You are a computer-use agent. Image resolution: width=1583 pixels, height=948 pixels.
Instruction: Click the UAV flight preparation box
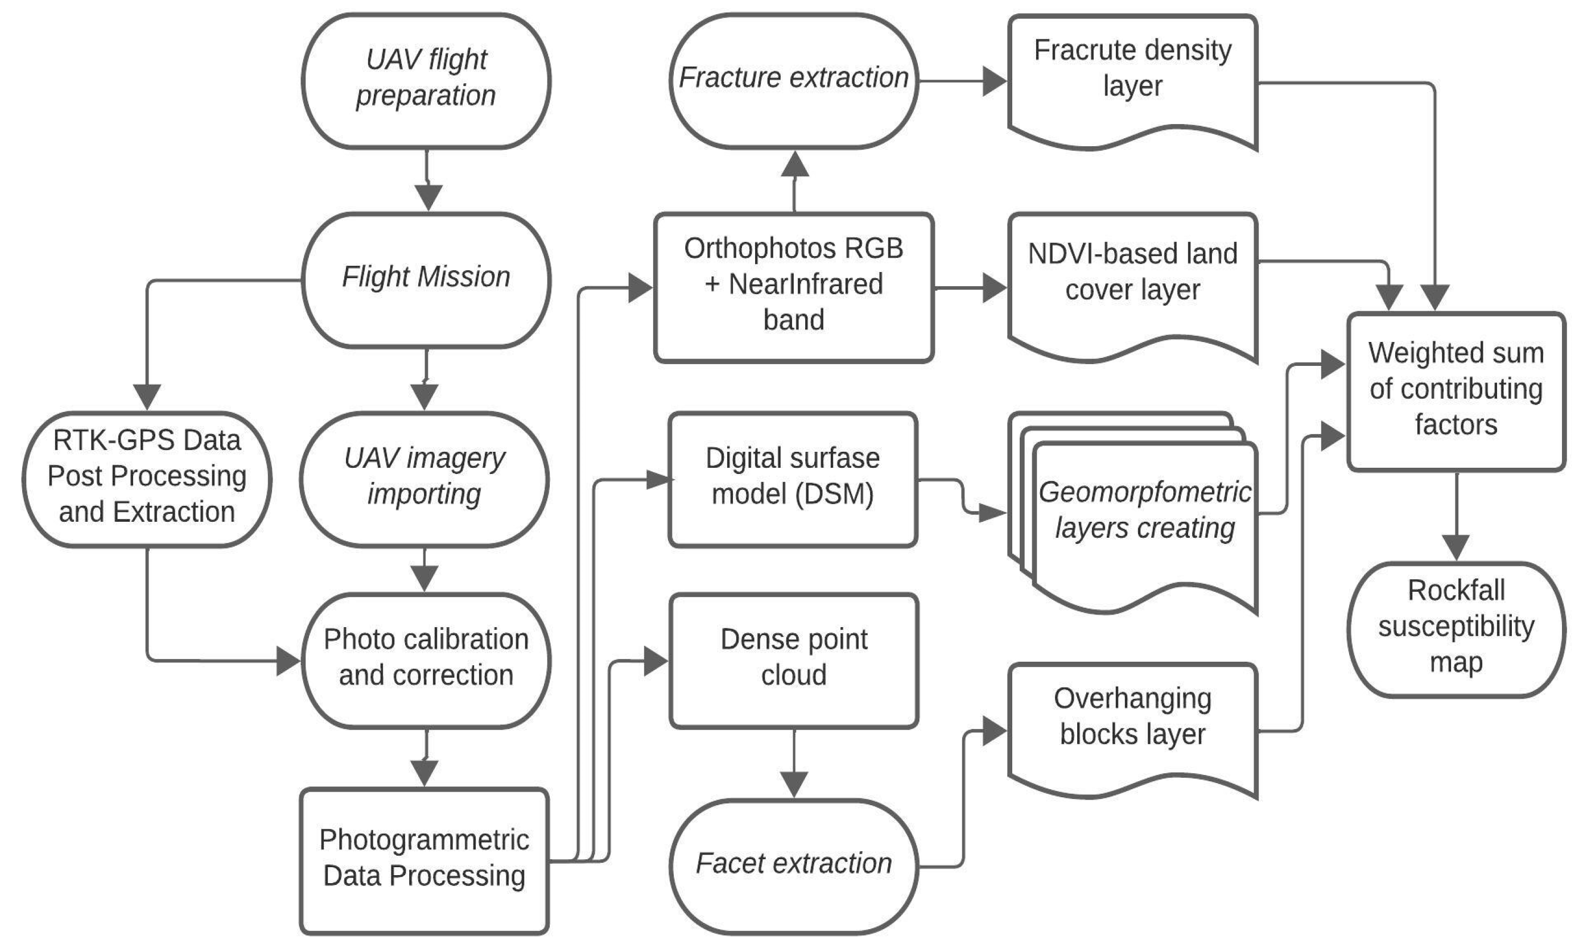[x=426, y=81]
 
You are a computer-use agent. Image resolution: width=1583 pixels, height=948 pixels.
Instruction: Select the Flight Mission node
[x=426, y=280]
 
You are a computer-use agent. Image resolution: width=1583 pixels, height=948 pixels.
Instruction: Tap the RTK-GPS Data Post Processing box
[x=147, y=479]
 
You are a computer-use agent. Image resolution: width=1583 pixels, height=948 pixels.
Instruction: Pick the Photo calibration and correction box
[x=426, y=661]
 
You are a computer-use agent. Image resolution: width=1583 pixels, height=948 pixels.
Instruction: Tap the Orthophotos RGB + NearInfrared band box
[x=793, y=287]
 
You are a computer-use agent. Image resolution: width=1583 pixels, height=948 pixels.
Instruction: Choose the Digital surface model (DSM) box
[x=793, y=479]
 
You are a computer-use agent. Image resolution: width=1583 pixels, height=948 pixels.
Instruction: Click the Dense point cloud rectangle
[x=793, y=661]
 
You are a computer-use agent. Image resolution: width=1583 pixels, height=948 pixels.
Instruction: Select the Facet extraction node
[x=793, y=866]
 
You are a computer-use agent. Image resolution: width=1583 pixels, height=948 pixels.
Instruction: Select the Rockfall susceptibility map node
[x=1456, y=629]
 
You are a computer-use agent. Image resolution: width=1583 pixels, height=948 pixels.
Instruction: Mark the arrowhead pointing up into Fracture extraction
[x=795, y=164]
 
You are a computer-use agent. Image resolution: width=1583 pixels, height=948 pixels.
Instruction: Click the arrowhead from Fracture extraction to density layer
[x=994, y=82]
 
